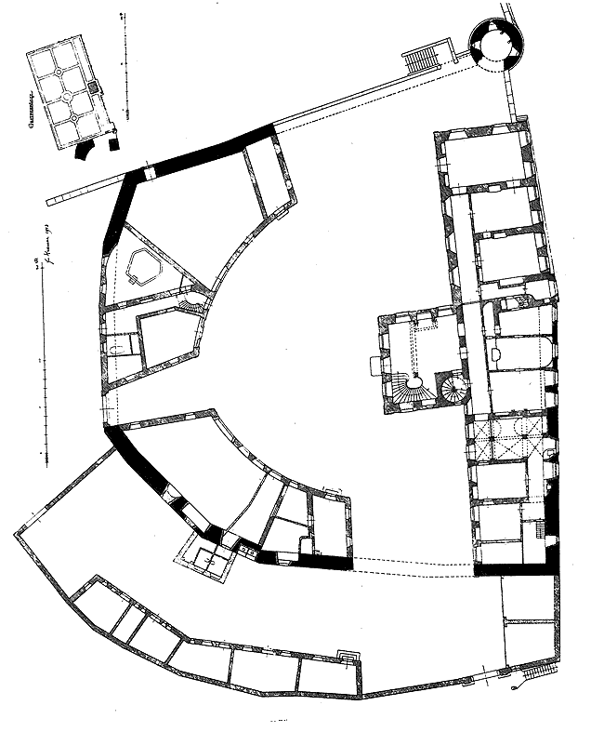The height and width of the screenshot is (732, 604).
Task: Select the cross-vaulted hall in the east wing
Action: click(x=509, y=439)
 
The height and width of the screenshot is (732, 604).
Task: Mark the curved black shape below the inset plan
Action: click(x=85, y=149)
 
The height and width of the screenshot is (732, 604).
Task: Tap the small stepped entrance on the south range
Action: click(x=348, y=657)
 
